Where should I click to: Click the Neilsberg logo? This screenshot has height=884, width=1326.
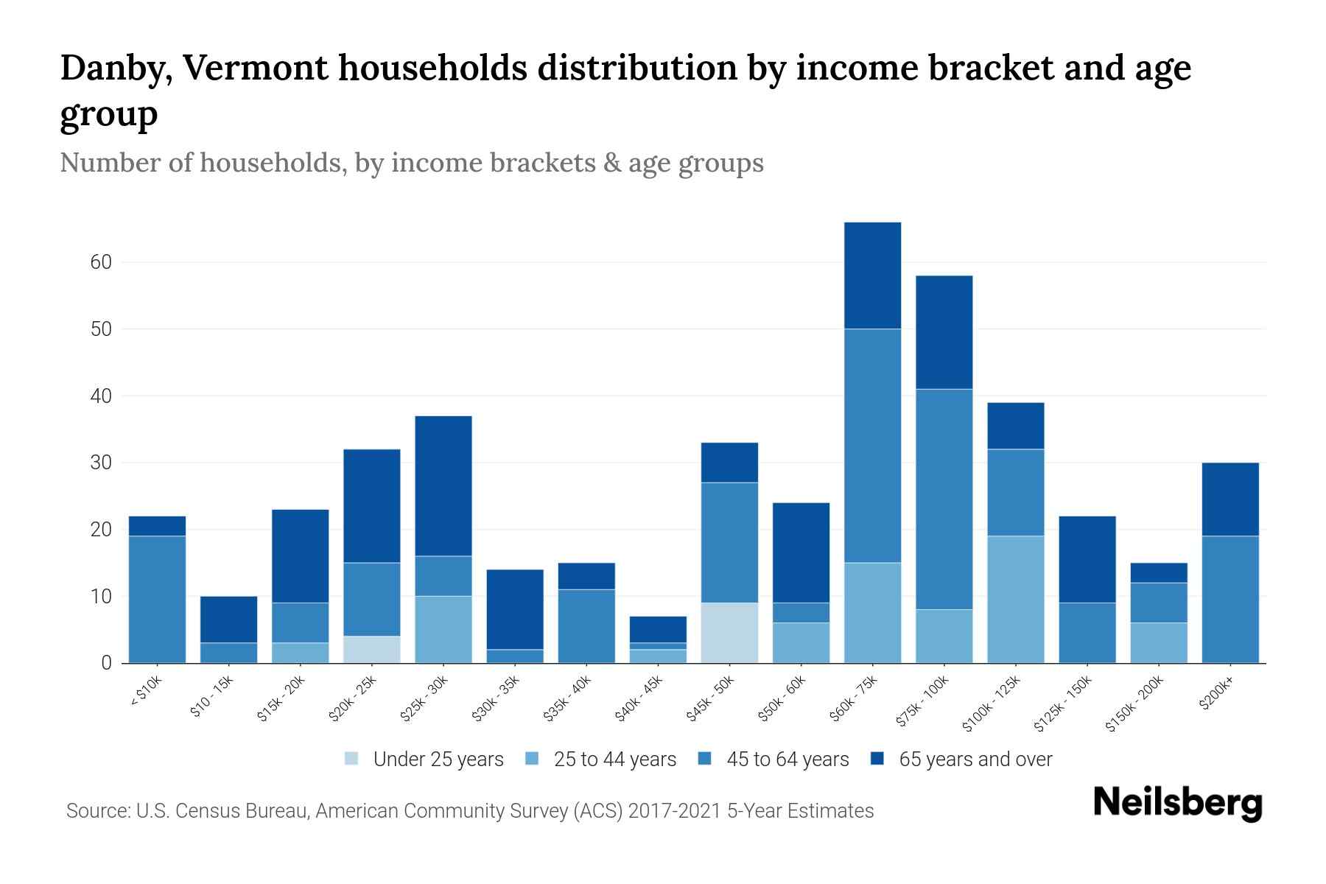click(1177, 803)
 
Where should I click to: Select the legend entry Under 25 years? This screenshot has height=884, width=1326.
click(438, 760)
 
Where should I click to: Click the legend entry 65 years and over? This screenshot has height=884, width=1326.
click(975, 760)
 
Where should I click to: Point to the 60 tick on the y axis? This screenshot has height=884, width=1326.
click(101, 262)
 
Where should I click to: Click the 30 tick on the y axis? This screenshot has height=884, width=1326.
click(101, 463)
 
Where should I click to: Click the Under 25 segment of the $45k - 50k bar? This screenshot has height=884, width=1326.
click(729, 633)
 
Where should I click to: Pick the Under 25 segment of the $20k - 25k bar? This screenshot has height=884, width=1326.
click(372, 649)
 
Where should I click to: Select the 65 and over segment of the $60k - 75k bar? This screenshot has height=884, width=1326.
click(872, 276)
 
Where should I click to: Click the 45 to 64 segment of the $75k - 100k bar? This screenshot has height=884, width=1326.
click(944, 499)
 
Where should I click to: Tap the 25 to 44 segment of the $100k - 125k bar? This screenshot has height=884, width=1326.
click(1015, 599)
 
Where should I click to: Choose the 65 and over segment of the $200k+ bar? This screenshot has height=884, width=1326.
click(1230, 499)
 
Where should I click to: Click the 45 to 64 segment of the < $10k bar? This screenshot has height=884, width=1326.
click(157, 599)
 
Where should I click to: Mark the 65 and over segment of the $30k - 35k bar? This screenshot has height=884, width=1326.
click(515, 609)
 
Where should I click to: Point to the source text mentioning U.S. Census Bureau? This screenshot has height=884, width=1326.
click(469, 811)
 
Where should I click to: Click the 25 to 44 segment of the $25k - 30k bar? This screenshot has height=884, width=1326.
click(443, 629)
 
